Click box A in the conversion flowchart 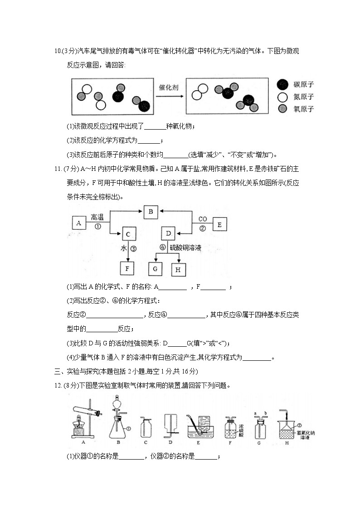click(x=79, y=223)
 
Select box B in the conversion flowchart click(x=151, y=211)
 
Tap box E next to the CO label click(x=219, y=224)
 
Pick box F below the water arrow click(x=127, y=268)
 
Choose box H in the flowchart click(x=178, y=269)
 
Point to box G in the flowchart click(x=156, y=269)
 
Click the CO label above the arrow click(x=202, y=219)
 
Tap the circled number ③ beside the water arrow click(x=133, y=248)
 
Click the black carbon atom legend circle click(x=283, y=84)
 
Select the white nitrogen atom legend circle click(x=283, y=97)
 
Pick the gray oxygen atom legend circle click(x=283, y=108)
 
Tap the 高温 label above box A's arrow click(x=98, y=217)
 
